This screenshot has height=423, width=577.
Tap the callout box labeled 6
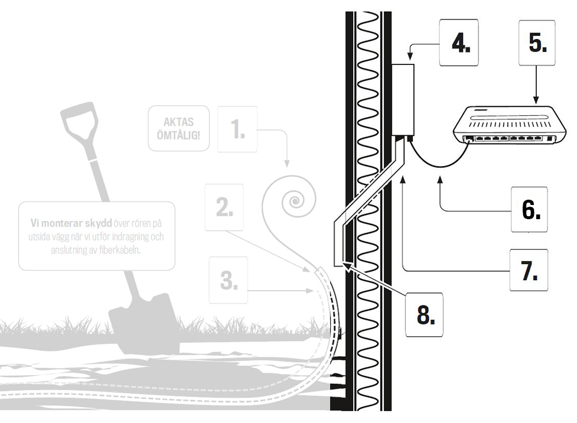(529, 209)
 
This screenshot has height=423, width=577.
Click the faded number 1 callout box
(237, 129)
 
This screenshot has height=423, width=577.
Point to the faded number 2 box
(224, 206)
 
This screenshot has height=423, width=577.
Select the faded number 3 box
(229, 281)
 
